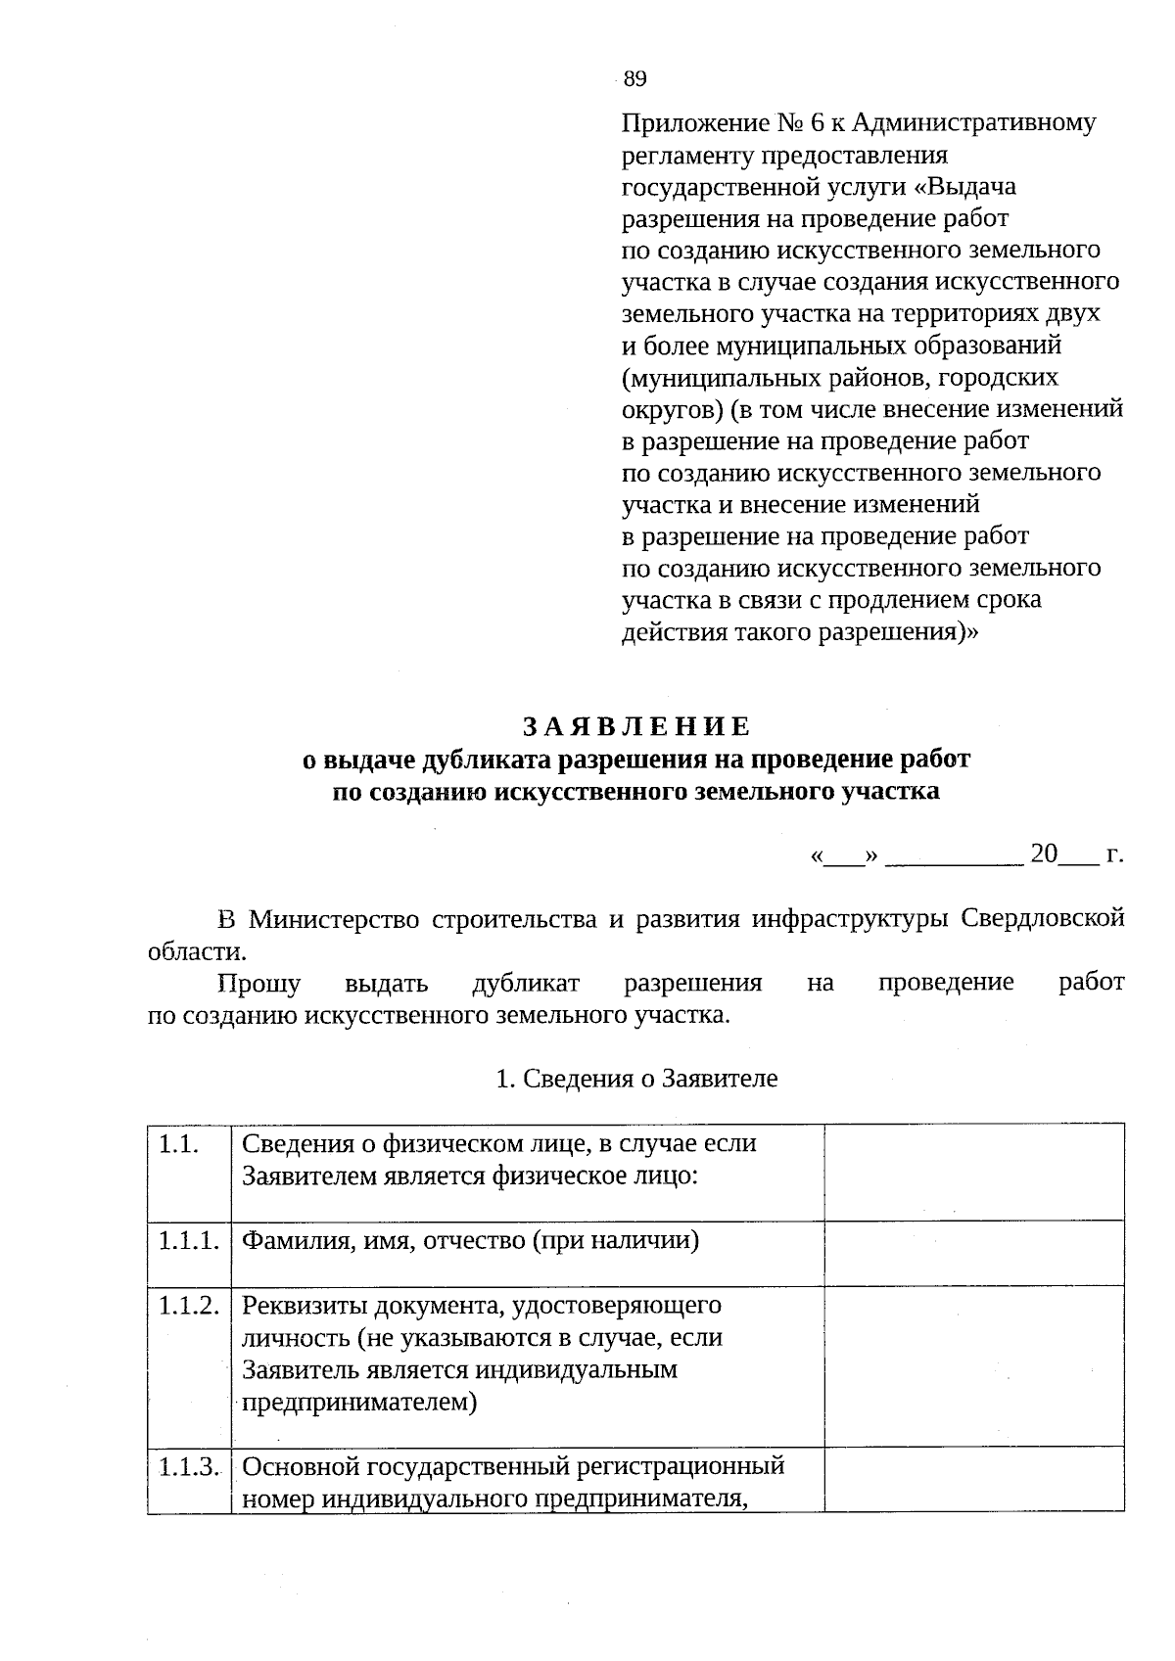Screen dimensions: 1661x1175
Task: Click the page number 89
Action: click(634, 79)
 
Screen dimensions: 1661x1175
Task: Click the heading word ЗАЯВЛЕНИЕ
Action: click(635, 726)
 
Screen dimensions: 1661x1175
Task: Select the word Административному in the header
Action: click(974, 123)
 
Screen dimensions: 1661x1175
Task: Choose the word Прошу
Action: click(258, 983)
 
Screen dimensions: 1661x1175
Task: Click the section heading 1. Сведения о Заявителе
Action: click(636, 1079)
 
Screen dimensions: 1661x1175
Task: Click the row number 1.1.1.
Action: click(188, 1241)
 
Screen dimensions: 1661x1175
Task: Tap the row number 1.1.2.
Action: click(188, 1306)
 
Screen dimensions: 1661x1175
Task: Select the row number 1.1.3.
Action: click(188, 1467)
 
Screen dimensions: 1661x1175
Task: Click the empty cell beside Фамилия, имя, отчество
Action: click(973, 1252)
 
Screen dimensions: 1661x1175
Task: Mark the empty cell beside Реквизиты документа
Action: click(973, 1364)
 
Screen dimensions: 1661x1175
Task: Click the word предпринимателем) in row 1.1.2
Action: click(359, 1403)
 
